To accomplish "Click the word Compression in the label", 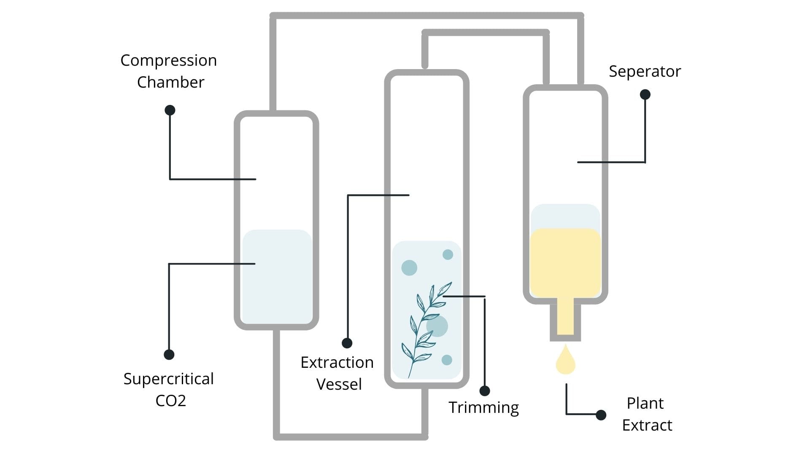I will [168, 61].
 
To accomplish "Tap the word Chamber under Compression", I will [170, 82].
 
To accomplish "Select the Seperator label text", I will [645, 72].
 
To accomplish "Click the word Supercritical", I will [168, 379].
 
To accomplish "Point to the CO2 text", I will [170, 400].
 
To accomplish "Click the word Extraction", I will [337, 362].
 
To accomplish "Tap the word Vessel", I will [339, 384].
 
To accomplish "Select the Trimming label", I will [483, 407].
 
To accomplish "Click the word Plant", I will [645, 403].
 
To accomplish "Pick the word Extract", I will [647, 425].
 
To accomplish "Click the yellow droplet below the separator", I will [565, 361].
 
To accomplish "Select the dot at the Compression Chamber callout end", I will [170, 110].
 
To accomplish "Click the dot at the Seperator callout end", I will [645, 94].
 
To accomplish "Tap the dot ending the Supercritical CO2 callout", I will [169, 355].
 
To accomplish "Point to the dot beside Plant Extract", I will [601, 415].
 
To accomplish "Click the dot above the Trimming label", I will [485, 391].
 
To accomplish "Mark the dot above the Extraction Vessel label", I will [347, 343].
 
